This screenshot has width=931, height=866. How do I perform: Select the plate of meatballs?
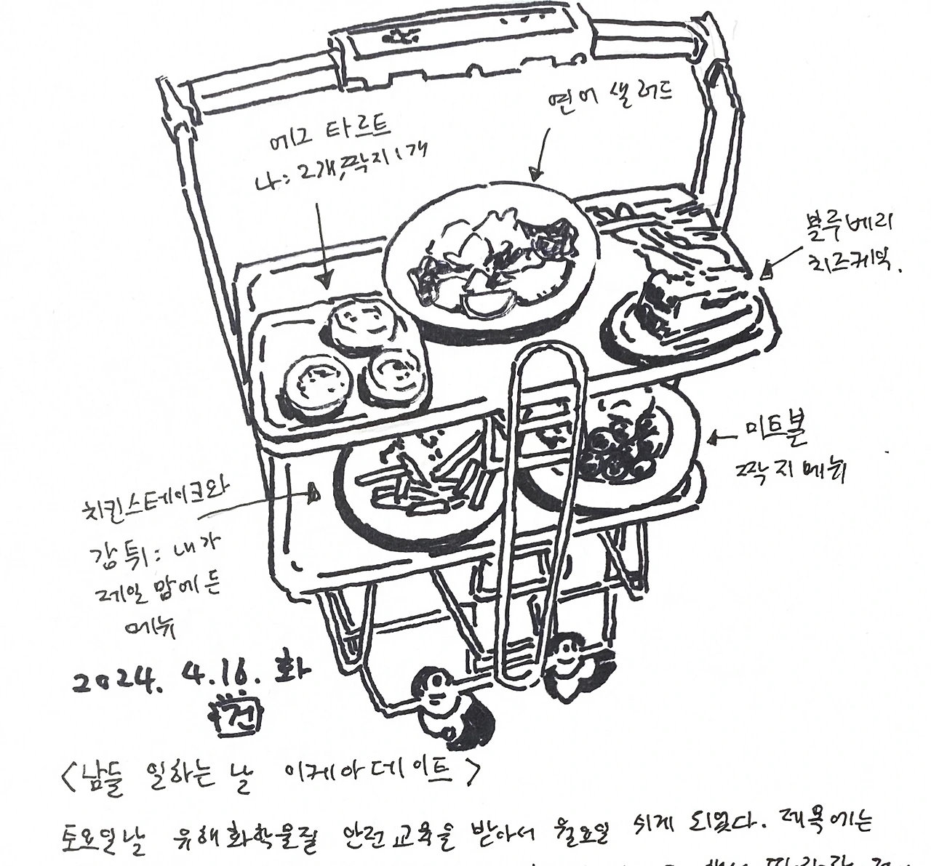coord(618,447)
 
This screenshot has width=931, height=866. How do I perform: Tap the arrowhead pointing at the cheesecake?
coord(765,273)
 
